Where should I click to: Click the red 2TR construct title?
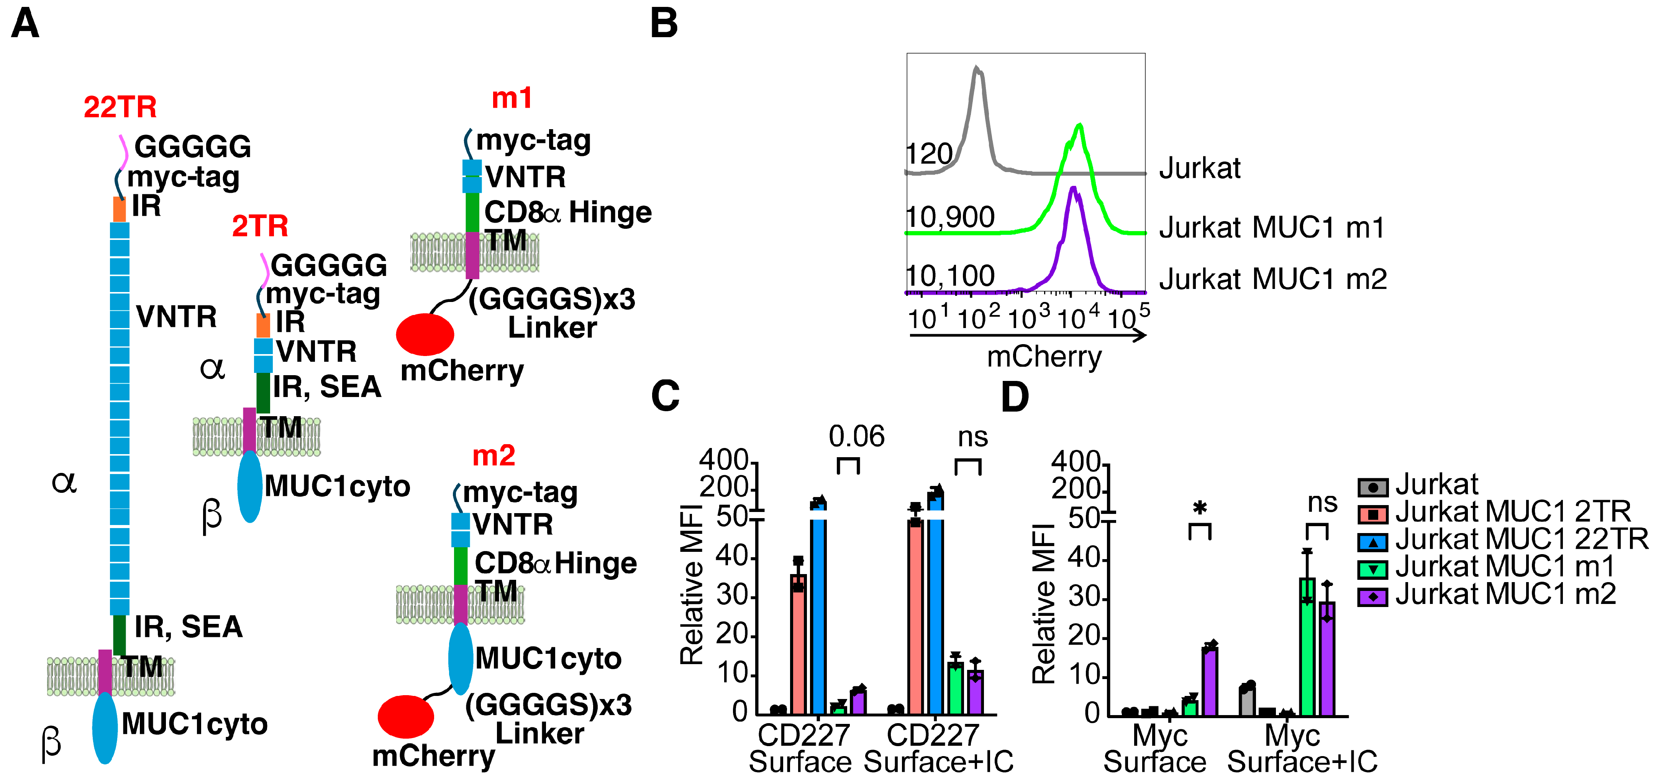pos(260,226)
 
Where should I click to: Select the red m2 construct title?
pos(494,456)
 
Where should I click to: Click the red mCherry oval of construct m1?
pos(425,334)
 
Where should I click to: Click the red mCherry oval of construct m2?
pos(406,716)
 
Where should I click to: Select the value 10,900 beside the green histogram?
pos(950,217)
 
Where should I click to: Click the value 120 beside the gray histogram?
pos(930,154)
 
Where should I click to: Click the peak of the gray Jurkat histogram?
pos(977,67)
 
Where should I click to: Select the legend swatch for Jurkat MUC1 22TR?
pos(1372,542)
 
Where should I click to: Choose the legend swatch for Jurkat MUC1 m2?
pos(1372,597)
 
